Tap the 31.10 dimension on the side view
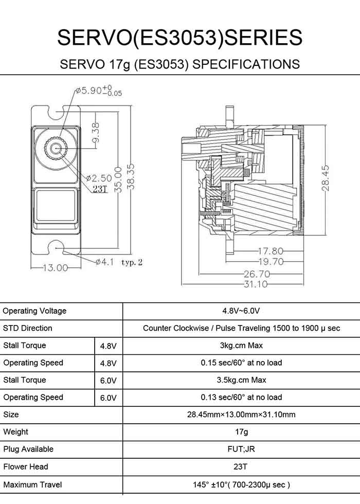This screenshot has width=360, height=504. coord(256,284)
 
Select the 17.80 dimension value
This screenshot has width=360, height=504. coord(270,251)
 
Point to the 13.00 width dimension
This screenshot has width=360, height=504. coord(55,268)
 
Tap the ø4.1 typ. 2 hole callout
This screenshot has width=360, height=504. coord(119,262)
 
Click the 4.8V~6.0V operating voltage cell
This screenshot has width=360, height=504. coord(241,311)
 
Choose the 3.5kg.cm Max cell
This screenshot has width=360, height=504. coord(241,380)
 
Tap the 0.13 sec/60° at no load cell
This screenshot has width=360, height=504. coord(241,397)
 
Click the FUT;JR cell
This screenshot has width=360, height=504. coord(241,449)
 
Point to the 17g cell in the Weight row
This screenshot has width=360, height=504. coord(241,432)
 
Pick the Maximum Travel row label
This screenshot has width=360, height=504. coord(32,484)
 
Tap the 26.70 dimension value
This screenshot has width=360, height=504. coord(257,274)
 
